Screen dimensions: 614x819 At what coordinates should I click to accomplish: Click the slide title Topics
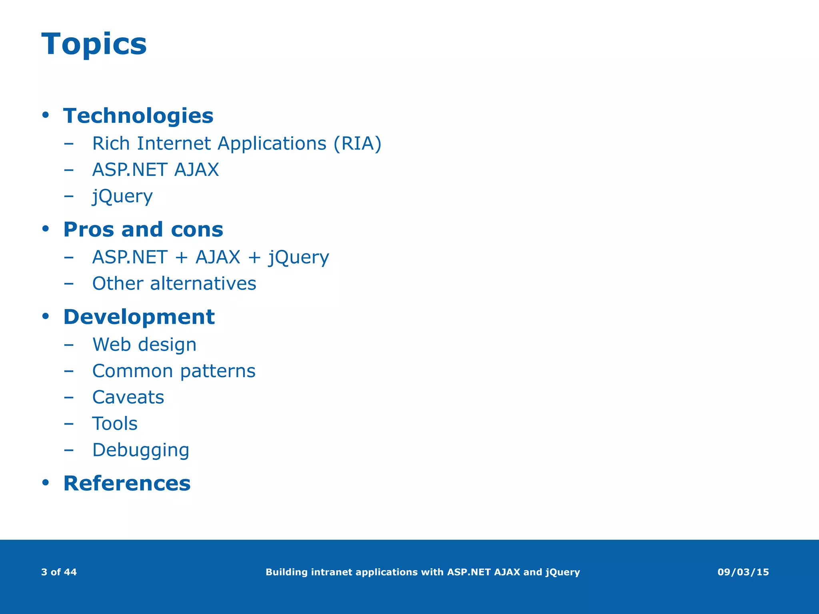pos(94,44)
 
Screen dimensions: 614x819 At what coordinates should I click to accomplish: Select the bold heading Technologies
pos(138,116)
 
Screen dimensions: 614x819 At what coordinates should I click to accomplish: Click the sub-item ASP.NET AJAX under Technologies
pos(155,170)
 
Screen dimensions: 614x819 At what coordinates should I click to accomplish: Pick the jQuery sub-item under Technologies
pos(122,196)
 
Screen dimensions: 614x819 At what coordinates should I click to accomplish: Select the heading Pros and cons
pos(143,229)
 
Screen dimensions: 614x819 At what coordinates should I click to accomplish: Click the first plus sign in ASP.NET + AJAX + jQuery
pos(181,257)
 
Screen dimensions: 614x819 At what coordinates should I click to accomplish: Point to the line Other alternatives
pos(174,284)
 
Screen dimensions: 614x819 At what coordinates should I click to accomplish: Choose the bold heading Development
pos(139,317)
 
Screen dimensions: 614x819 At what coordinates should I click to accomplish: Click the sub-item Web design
pos(144,345)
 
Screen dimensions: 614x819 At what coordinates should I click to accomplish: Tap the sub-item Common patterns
pos(174,371)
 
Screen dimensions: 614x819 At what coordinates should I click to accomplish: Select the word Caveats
pos(128,397)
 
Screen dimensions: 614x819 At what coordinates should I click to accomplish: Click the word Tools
pos(115,424)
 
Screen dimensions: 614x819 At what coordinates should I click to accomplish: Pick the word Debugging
pos(140,450)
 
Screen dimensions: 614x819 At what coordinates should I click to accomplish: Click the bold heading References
pos(127,483)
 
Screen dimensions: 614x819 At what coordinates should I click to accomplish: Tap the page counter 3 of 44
pos(59,572)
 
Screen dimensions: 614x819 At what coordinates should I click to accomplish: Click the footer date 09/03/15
pos(743,572)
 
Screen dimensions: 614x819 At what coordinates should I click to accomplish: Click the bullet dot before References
pos(46,483)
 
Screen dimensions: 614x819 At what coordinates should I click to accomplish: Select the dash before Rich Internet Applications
pos(68,144)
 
